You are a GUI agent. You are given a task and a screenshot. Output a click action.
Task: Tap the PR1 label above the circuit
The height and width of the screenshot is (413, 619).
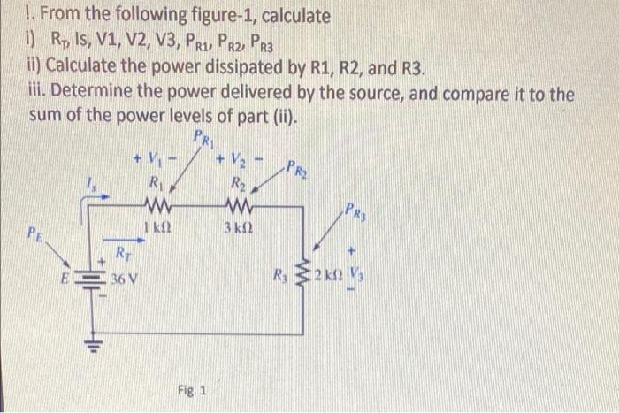point(203,139)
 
